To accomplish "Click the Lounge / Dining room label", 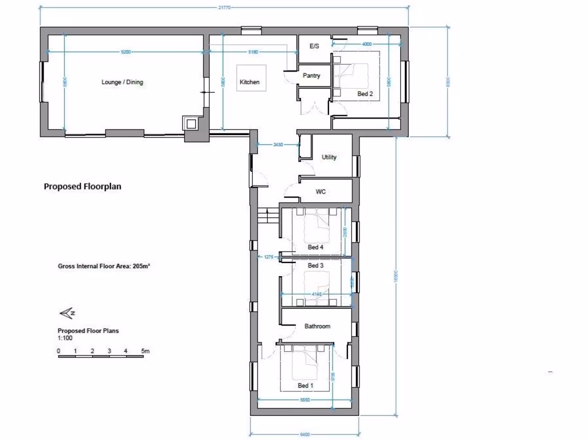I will click(x=122, y=82).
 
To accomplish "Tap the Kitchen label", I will click(x=249, y=82).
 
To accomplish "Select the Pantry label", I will click(x=311, y=76).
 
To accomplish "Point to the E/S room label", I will click(x=314, y=46).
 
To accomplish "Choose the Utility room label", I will click(x=329, y=158).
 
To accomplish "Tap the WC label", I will click(x=321, y=192).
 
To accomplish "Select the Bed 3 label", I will click(x=316, y=266).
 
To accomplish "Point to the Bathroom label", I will click(x=317, y=327).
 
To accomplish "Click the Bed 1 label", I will click(x=306, y=386).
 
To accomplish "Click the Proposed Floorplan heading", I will click(x=83, y=186).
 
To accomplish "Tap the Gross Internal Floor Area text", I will click(x=104, y=266).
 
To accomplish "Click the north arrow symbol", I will click(x=67, y=313).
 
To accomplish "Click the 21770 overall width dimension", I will click(x=224, y=6).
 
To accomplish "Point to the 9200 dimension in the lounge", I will click(x=126, y=52).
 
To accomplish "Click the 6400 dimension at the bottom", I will click(x=305, y=434).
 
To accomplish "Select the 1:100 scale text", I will click(x=65, y=338).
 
